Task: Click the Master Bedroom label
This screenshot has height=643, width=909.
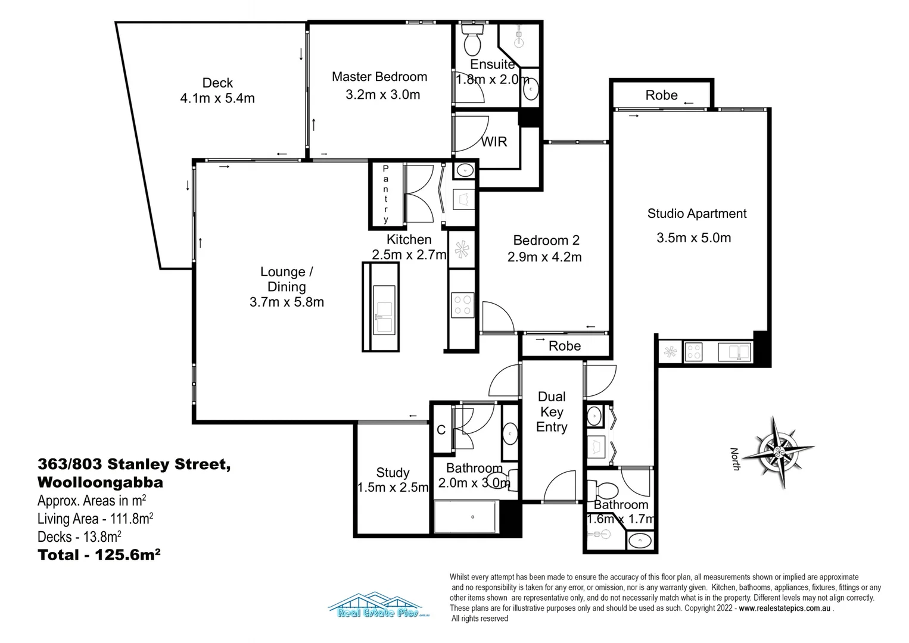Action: pos(379,77)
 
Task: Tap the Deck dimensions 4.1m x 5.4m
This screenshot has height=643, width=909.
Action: pos(217,98)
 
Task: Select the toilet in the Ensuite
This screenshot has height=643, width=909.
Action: pos(472,40)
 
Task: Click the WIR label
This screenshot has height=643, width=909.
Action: pos(494,142)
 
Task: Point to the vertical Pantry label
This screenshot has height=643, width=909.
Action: pos(385,195)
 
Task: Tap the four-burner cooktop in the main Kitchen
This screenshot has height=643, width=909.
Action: pos(462,304)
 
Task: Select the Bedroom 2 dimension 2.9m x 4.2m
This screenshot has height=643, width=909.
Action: pos(544,257)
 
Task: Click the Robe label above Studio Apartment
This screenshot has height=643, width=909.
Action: pos(661,95)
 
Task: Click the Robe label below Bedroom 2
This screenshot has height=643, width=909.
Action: pos(564,346)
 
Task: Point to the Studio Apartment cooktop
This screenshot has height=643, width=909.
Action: pos(693,352)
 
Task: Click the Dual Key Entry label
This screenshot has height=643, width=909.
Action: pos(552,412)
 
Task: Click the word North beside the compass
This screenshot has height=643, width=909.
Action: pos(735,459)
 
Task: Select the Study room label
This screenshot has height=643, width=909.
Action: pos(393,473)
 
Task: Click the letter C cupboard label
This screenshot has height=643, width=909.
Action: pos(441,430)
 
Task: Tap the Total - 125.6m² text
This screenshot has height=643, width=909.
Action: pos(99,555)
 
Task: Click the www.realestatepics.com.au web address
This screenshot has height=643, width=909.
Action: pos(785,608)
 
